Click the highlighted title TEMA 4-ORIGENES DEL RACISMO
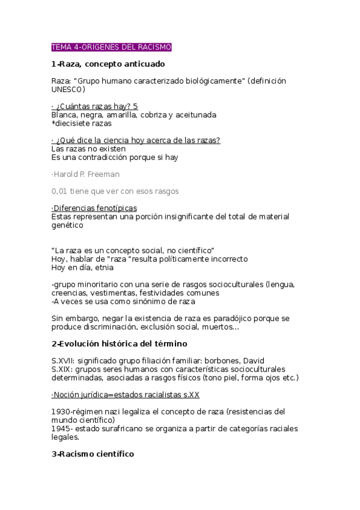[x=112, y=47]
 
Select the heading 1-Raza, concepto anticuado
[x=108, y=64]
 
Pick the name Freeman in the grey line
[x=105, y=174]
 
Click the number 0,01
[x=61, y=191]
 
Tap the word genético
[x=67, y=225]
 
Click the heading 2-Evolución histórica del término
[x=120, y=343]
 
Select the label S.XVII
[x=62, y=361]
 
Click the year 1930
[x=61, y=411]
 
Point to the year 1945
[x=61, y=429]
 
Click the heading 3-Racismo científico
[x=93, y=454]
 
